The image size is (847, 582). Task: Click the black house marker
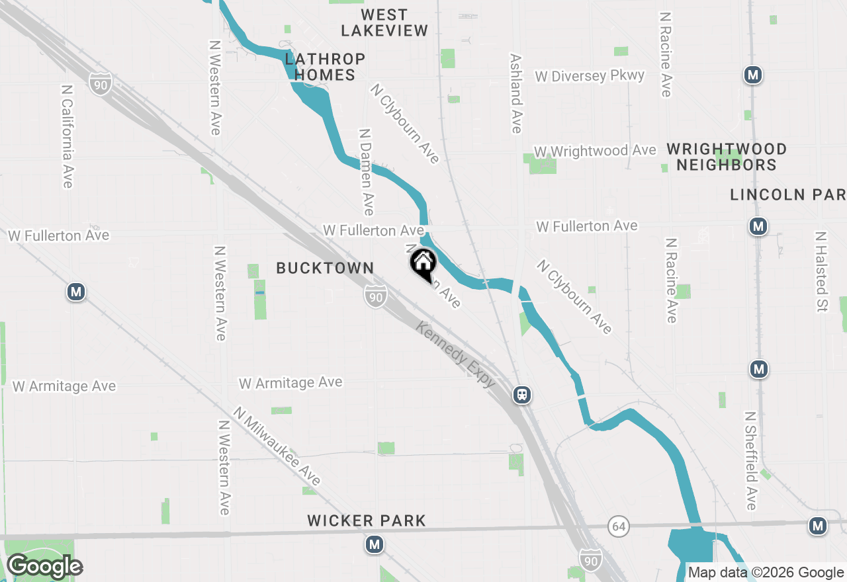click(x=423, y=265)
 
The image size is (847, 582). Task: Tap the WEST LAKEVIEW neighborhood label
click(x=384, y=22)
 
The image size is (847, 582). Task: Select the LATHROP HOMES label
click(x=325, y=67)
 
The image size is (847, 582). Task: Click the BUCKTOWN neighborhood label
click(x=325, y=268)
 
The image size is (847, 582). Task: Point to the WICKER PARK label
click(x=367, y=521)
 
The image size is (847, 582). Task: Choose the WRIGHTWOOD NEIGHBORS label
click(x=726, y=157)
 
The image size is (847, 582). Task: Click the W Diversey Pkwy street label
click(x=590, y=76)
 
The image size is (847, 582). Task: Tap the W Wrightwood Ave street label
click(x=595, y=151)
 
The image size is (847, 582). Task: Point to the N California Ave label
click(x=67, y=136)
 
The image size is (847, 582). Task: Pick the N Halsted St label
click(x=821, y=272)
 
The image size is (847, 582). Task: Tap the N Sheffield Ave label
click(x=750, y=461)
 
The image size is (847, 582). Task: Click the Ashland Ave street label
click(x=516, y=93)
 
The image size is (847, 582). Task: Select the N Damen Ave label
click(x=366, y=171)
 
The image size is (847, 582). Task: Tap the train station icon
click(x=522, y=395)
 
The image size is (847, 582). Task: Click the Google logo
click(x=44, y=567)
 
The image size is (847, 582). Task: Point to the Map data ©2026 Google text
click(x=766, y=573)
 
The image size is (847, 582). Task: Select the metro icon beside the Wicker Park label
click(x=375, y=545)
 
